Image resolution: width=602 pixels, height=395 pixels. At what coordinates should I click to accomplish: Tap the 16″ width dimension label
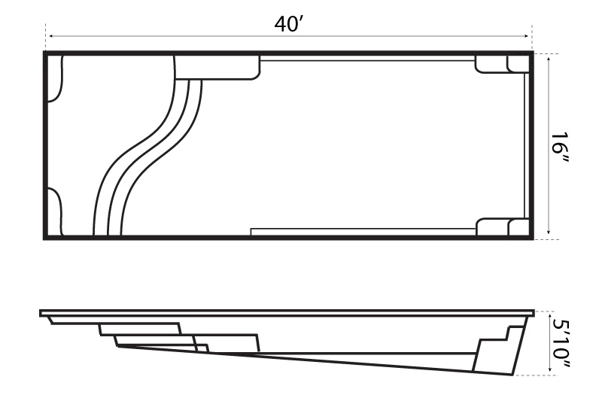559,145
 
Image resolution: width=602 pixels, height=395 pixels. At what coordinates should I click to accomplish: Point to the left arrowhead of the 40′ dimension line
49,35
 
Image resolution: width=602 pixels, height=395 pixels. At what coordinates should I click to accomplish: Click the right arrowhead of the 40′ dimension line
528,35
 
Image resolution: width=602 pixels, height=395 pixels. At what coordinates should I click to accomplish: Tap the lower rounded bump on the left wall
54,212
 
